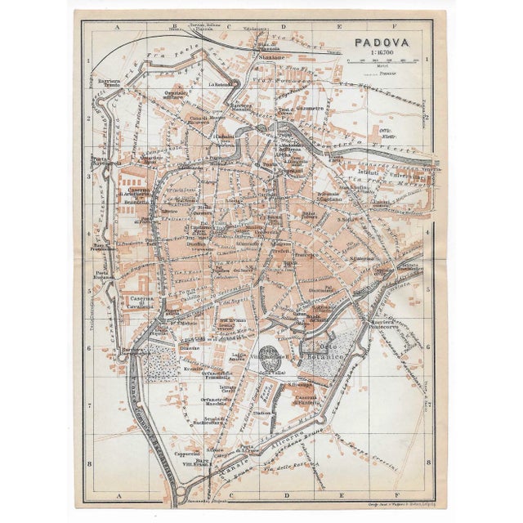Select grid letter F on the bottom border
coord(395,496)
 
